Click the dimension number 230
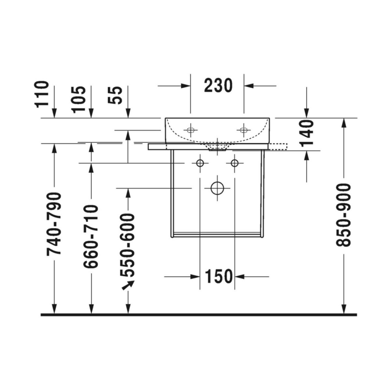coord(218,86)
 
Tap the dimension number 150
coord(218,276)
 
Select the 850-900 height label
coord(343,215)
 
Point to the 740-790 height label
coord(53,224)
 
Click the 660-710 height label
coord(91,237)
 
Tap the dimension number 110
coord(42,94)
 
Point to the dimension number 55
coord(115,95)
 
